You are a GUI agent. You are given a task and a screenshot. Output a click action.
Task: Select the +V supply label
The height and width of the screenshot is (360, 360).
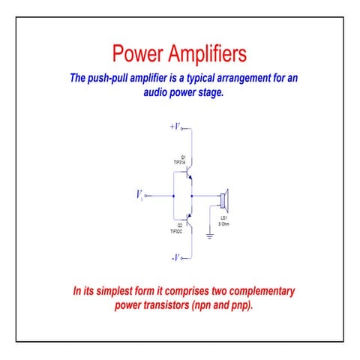click(x=175, y=127)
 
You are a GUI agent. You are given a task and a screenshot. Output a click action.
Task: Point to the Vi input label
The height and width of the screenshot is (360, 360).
click(x=139, y=195)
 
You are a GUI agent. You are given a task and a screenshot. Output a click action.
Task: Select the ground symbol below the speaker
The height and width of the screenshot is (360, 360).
click(x=210, y=236)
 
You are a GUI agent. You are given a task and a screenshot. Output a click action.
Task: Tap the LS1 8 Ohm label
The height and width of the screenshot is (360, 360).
click(x=223, y=221)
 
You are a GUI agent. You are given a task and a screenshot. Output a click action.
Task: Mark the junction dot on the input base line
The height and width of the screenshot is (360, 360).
click(x=174, y=196)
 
